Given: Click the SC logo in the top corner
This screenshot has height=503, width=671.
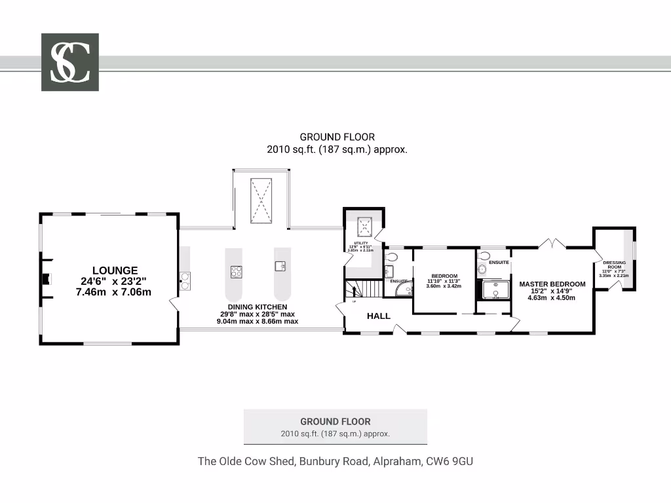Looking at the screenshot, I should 70,62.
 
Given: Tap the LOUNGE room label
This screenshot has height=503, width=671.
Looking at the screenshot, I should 115,270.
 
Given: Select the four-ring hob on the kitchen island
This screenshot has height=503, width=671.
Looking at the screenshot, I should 236,271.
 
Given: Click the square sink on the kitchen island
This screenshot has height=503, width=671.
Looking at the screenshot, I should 280,265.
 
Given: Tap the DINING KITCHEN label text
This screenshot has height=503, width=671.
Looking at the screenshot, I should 257,307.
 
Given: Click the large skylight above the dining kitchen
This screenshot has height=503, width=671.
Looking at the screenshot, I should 261,200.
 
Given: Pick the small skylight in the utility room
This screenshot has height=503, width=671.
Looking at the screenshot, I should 364,227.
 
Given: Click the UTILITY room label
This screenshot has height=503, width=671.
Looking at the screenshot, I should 360,243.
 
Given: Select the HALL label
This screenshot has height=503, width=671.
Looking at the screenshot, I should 378,316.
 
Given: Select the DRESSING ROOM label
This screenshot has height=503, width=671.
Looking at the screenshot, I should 614,265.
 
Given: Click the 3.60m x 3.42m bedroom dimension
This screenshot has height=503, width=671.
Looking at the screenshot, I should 444,286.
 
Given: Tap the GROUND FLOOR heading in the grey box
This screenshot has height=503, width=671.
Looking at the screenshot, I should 335,422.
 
